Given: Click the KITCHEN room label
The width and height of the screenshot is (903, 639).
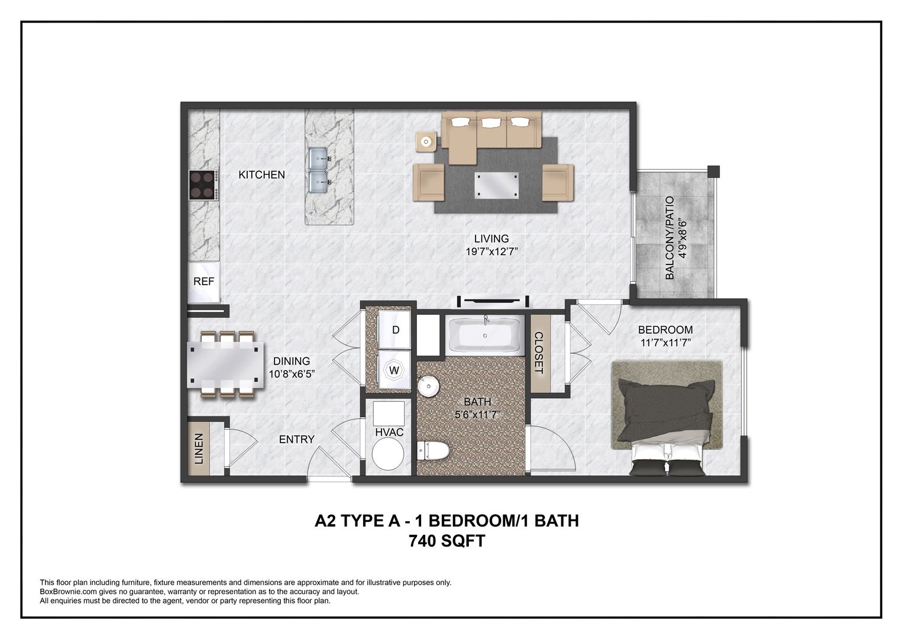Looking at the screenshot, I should [261, 175].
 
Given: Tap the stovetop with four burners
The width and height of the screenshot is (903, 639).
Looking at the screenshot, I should [202, 184].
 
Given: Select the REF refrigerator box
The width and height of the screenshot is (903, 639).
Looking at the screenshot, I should [204, 282].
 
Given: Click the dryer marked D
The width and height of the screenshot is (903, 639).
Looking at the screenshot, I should [396, 330].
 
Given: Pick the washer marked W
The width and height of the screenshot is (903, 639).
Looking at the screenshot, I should [394, 371].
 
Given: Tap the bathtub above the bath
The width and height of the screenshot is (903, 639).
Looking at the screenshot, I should [485, 336].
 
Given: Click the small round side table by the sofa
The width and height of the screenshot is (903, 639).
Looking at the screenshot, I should [426, 142].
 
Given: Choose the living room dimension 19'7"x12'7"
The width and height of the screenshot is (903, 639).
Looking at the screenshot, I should [491, 251].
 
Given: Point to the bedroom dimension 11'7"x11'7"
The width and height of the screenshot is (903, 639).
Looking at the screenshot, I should [665, 343].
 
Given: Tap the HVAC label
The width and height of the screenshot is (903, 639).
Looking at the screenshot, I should [389, 433].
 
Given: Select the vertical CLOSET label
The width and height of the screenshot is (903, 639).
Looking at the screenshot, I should [539, 353].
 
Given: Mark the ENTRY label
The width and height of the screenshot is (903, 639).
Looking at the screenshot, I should [296, 439].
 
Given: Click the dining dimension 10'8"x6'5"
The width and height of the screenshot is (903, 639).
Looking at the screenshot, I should [291, 374].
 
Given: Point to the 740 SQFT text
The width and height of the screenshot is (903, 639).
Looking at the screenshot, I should [446, 541].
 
